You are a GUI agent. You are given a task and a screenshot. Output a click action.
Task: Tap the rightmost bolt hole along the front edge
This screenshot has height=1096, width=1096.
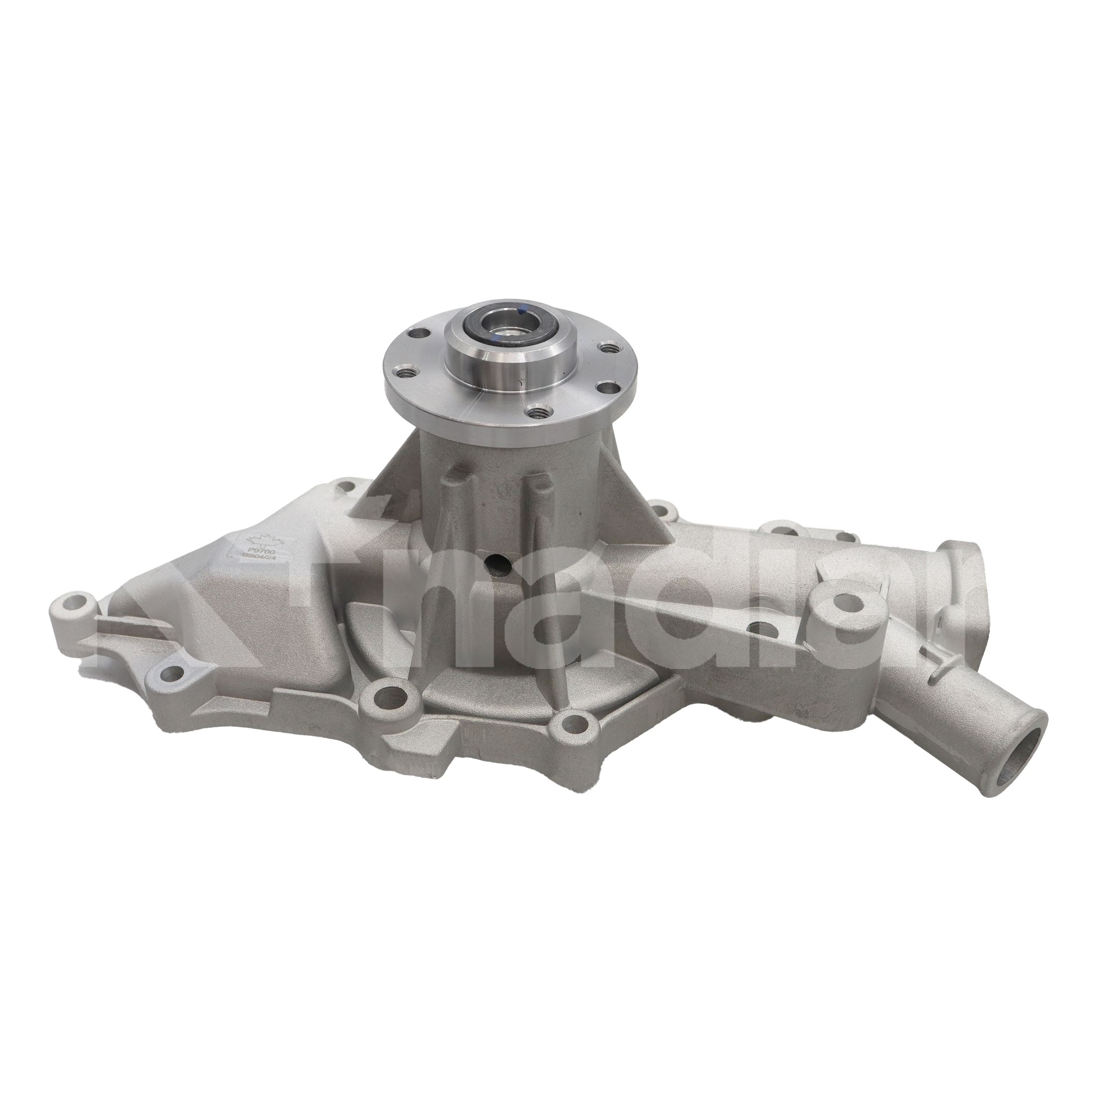pyautogui.click(x=577, y=723)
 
